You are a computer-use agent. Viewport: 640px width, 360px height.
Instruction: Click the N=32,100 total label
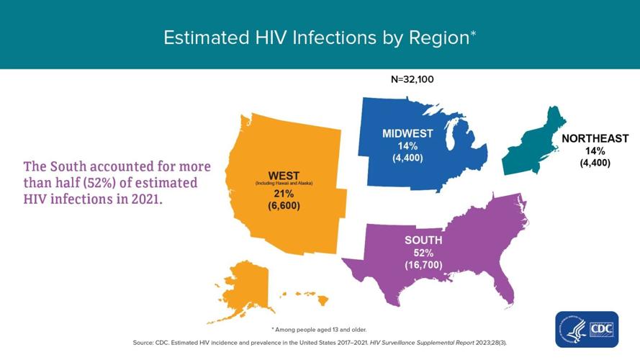[x=413, y=80]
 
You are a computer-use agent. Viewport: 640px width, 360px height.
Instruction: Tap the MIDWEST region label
[x=407, y=133]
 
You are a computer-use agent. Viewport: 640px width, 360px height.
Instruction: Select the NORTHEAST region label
[x=595, y=138]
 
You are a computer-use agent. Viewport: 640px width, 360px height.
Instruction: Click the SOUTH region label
[x=423, y=240]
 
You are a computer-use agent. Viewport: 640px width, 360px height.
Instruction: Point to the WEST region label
[x=284, y=176]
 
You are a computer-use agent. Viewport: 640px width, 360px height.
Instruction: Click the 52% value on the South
[x=423, y=253]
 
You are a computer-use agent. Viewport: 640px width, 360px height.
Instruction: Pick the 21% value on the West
[x=284, y=194]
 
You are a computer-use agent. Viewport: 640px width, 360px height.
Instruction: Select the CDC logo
[x=586, y=329]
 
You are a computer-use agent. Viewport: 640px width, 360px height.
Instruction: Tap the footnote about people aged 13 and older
[x=319, y=329]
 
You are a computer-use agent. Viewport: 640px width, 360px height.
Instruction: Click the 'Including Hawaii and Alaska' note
[x=284, y=184]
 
